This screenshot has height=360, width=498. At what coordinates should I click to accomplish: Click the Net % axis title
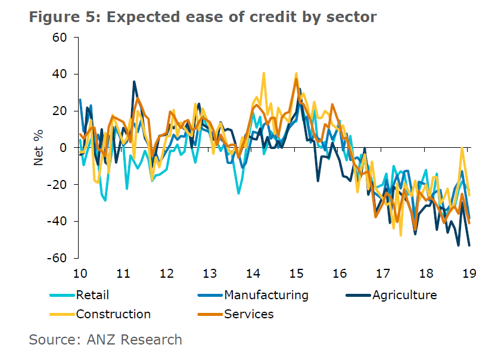coord(39,148)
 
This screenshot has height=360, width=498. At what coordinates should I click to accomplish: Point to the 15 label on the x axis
coord(296,274)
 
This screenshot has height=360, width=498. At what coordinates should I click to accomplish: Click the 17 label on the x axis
coord(382,274)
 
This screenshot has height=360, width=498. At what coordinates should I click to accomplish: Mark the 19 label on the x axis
coord(469,274)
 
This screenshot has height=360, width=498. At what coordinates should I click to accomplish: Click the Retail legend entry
coord(92,294)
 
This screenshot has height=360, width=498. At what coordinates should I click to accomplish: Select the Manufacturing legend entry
coord(266,294)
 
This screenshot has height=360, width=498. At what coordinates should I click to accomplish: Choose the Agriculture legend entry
coord(404,294)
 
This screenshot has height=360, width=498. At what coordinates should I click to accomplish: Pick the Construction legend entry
coord(113,314)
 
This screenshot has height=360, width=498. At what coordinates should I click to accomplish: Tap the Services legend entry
coord(248,314)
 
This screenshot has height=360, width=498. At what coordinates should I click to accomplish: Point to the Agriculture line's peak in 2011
coord(134,82)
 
